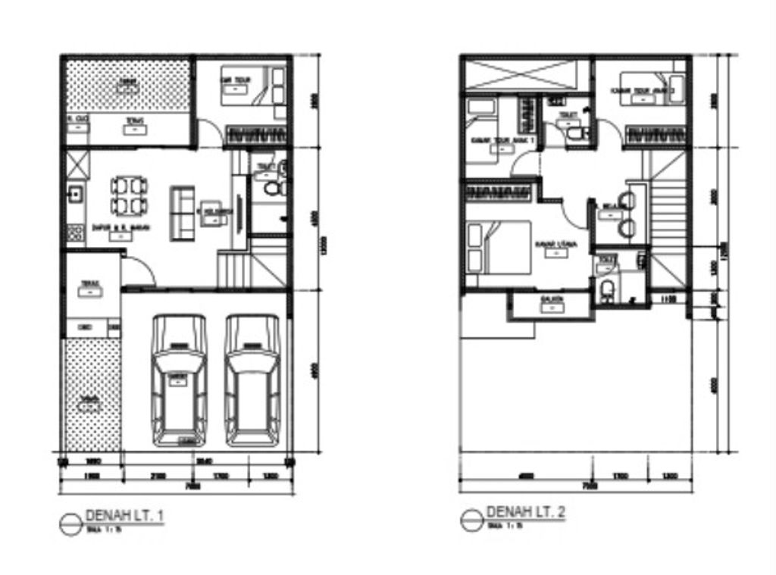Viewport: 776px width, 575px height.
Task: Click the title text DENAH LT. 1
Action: point(125,516)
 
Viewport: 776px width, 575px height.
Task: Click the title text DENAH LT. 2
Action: point(525,513)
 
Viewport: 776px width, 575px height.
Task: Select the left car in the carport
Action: point(179,380)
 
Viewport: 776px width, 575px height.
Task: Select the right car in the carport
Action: point(252,380)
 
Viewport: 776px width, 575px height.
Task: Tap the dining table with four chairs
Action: point(129,195)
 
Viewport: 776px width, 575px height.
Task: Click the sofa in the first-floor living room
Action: point(181,213)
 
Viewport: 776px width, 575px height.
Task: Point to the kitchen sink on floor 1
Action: point(74,194)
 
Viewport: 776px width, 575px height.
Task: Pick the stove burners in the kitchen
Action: point(74,231)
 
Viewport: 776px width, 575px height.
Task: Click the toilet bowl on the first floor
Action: point(270,187)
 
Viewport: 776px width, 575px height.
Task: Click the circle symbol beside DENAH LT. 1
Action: point(70,523)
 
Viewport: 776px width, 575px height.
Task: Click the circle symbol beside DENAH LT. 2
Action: point(471,520)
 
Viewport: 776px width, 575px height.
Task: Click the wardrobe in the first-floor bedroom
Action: point(258,135)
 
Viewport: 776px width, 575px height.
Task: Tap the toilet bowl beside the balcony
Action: point(607,291)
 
